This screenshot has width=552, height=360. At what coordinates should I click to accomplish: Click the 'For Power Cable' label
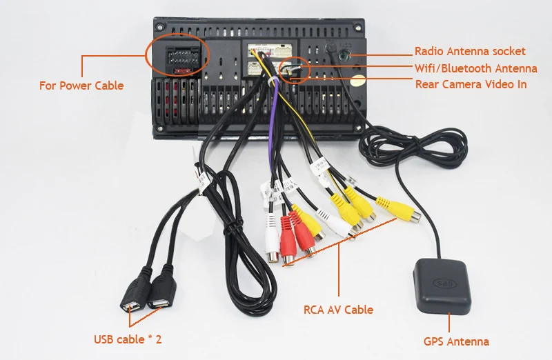[81, 86]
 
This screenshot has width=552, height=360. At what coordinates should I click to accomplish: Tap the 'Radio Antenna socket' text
[469, 52]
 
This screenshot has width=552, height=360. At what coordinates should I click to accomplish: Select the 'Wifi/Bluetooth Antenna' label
[475, 68]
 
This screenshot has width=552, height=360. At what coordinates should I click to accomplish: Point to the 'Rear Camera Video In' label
[471, 84]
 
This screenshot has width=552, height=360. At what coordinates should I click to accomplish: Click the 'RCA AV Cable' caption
[338, 310]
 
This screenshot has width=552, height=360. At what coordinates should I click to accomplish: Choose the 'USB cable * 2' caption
[128, 339]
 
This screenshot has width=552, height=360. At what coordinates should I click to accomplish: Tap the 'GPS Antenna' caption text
[456, 341]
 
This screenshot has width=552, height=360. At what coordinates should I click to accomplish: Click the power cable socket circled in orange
[178, 53]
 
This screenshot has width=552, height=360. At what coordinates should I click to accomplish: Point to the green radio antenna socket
[340, 52]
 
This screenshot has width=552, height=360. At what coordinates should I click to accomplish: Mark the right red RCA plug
[302, 231]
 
